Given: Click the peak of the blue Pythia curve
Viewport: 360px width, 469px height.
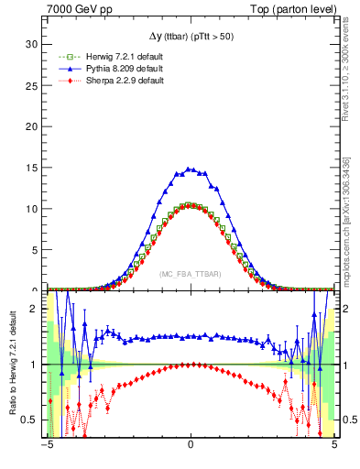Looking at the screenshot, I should point(190,169).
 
